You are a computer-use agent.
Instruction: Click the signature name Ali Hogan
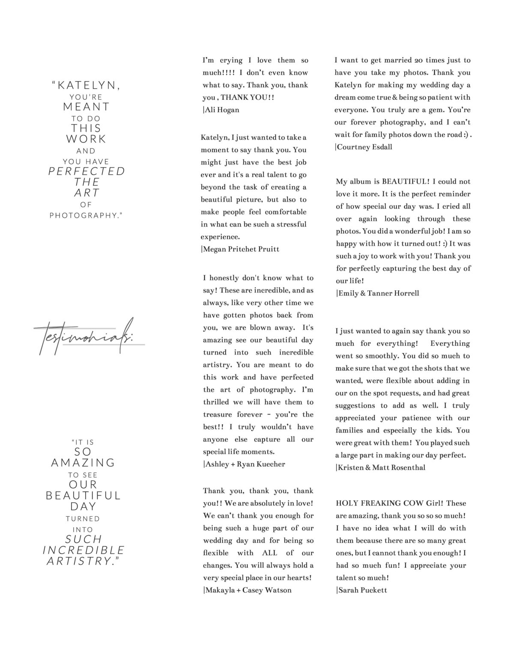point(221,110)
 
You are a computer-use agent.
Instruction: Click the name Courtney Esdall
point(364,147)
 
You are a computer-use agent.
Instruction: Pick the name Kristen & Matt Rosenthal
point(381,468)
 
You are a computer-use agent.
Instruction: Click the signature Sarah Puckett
point(362,590)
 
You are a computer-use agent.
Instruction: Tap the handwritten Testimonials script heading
point(84,337)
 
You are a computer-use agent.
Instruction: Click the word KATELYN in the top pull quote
point(89,86)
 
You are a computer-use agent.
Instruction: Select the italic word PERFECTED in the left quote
point(87,171)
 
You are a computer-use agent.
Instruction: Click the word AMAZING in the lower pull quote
point(84,463)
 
